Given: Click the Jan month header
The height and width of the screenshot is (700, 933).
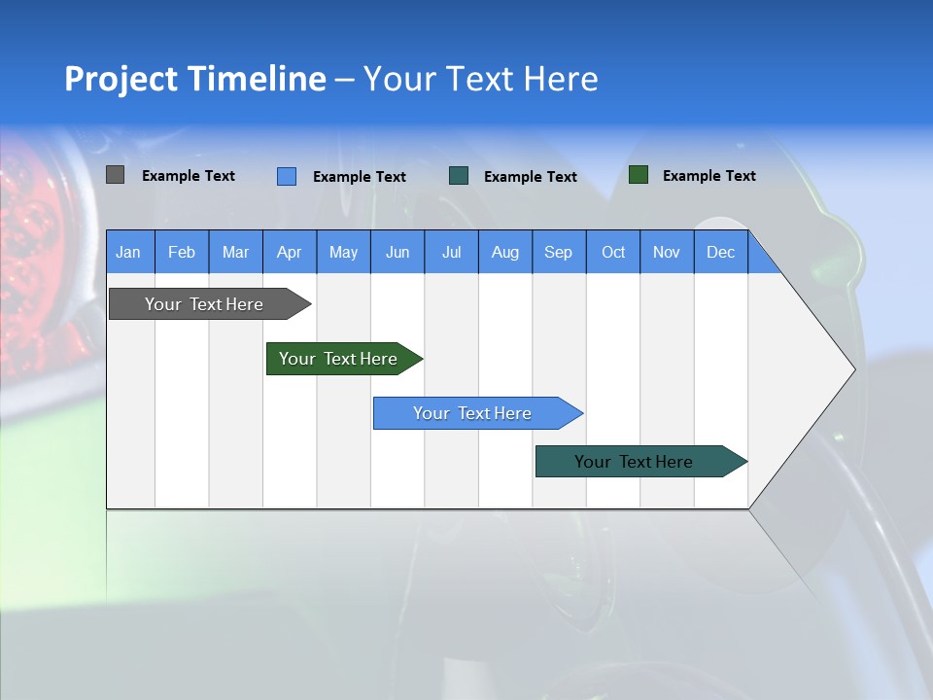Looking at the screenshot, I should pos(129,252).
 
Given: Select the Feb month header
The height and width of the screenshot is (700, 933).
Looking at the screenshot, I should pos(182,252).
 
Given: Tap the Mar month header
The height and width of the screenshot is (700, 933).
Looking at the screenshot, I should pos(235,252).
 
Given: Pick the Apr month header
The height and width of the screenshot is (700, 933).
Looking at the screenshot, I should pos(290,252).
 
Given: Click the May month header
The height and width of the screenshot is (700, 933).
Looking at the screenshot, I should pos(343,252).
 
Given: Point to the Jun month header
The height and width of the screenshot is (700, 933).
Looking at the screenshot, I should pos(397,252).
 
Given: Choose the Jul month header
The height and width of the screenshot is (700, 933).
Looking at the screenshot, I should pos(451,252).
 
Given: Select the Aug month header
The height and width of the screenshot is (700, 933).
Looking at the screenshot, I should pos(505,252).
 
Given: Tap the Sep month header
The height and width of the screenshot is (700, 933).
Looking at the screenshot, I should pos(559,252).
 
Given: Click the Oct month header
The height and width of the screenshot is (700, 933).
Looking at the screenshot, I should pos(613,252).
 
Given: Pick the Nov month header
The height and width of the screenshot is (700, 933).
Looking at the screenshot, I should pos(667,252).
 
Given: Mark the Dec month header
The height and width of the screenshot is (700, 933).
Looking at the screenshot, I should pos(721,252).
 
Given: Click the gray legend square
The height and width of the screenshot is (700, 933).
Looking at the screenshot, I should pos(115,175).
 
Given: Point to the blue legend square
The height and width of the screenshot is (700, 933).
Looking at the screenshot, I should pos(287,176).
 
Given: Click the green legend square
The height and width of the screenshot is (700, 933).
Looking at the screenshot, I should pos(639,175).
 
